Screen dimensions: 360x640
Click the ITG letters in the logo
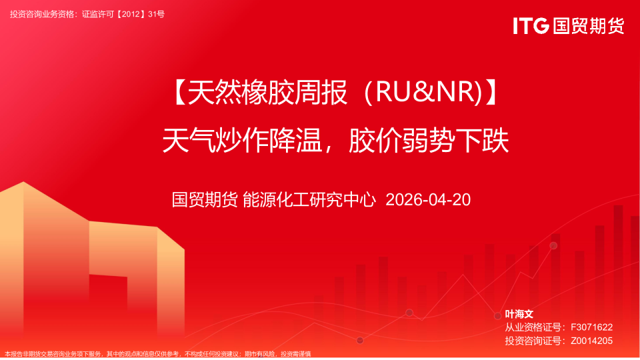531,26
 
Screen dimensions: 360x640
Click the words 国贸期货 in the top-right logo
589,26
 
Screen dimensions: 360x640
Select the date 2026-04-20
428,199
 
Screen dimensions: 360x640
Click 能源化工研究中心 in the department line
309,199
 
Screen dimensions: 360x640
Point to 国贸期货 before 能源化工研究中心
204,199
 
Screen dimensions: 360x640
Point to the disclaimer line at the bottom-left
157,354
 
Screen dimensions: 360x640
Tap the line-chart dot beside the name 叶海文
497,315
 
